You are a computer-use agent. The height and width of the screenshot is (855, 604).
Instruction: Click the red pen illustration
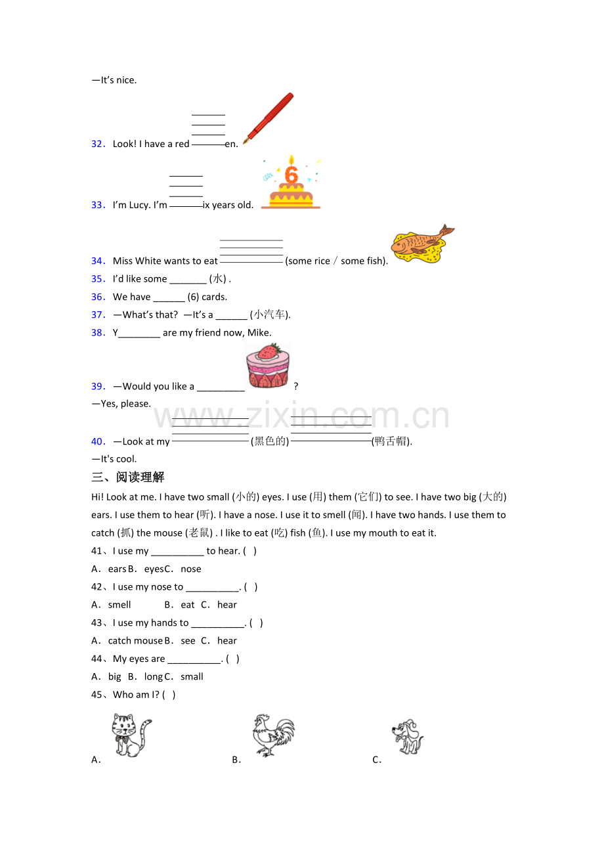click(269, 118)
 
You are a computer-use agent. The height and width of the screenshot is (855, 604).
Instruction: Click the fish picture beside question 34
click(423, 244)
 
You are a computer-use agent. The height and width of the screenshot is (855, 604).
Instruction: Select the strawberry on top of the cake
click(269, 351)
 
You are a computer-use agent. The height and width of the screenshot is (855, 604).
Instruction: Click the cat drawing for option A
click(131, 735)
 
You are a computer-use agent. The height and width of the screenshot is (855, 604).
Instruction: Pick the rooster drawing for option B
click(273, 735)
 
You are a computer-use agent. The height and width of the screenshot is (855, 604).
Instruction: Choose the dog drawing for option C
click(408, 737)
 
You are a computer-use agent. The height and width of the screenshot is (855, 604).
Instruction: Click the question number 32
click(98, 144)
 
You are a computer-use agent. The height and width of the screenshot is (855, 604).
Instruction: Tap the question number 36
click(98, 297)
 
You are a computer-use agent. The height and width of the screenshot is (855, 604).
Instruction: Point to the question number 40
click(98, 442)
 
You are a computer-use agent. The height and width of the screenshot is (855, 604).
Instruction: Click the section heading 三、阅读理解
click(128, 477)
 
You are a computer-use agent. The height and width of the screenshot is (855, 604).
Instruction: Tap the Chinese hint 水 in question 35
click(218, 279)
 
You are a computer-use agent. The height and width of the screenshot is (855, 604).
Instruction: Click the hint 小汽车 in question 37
click(269, 315)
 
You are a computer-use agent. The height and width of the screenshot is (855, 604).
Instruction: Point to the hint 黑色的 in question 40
click(270, 441)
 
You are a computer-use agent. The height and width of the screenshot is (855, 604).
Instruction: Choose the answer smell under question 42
click(119, 605)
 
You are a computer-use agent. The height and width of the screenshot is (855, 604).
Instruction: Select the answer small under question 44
click(192, 677)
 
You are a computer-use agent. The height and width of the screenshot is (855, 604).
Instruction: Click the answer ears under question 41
click(117, 569)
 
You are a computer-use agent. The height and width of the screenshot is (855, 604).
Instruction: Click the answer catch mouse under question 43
click(135, 641)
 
